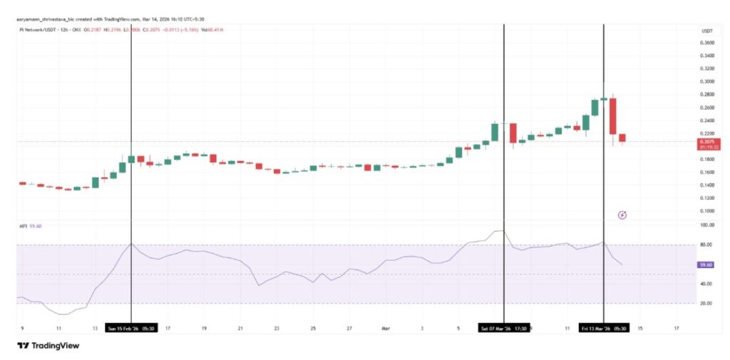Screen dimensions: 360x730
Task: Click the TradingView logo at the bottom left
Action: click(x=48, y=346)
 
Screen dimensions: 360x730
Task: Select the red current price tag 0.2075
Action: click(x=707, y=143)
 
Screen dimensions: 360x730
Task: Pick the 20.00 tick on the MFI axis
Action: click(x=706, y=304)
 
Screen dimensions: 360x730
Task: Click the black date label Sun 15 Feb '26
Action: click(x=130, y=329)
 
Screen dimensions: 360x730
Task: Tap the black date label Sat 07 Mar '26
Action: click(x=503, y=329)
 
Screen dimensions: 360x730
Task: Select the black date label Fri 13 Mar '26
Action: click(x=603, y=329)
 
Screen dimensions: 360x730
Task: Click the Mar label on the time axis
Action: click(x=385, y=329)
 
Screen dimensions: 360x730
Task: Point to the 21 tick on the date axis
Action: click(x=240, y=329)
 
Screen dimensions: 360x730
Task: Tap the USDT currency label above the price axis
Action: click(x=707, y=31)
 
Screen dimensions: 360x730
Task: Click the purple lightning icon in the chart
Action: click(x=622, y=214)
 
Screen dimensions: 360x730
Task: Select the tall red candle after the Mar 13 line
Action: click(x=612, y=116)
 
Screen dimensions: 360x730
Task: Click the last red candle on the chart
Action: click(x=622, y=138)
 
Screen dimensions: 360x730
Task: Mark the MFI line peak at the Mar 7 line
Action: click(x=500, y=231)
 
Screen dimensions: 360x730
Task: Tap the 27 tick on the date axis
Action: click(x=349, y=329)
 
